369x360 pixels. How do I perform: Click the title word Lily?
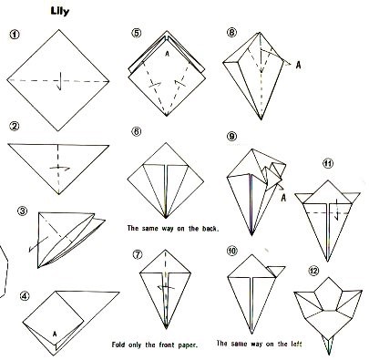click(60, 12)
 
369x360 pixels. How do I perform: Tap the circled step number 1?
click(15, 35)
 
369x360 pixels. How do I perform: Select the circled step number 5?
click(137, 33)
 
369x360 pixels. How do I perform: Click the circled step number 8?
click(231, 32)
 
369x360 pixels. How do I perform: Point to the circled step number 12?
click(313, 270)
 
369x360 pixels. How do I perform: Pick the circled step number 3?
click(22, 211)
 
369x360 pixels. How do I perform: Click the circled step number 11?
click(328, 164)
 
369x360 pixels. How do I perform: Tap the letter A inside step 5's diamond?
click(167, 54)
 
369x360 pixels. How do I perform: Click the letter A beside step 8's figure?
click(299, 65)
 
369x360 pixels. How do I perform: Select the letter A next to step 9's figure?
click(283, 198)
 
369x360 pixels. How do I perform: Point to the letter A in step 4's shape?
click(55, 334)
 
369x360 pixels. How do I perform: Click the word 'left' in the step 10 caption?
click(295, 344)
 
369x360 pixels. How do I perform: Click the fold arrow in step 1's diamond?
click(59, 81)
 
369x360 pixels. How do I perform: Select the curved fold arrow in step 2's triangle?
click(59, 168)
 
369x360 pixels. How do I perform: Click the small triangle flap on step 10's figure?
click(276, 272)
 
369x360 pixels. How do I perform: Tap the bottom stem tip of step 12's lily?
click(329, 354)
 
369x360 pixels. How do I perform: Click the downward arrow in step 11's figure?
click(336, 210)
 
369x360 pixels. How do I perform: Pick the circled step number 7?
click(138, 254)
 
